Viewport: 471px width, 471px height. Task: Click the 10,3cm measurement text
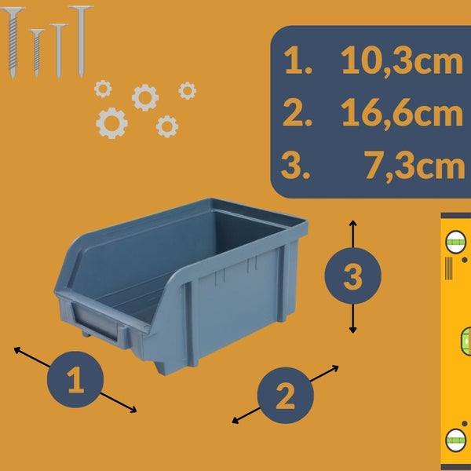click(402, 62)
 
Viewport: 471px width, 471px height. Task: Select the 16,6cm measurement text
click(402, 114)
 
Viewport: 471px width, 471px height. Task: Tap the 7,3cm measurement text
click(414, 166)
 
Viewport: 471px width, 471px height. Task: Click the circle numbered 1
click(75, 379)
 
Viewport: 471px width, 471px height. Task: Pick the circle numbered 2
click(286, 396)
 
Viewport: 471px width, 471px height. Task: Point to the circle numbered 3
click(352, 276)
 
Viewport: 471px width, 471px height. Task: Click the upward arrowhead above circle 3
click(352, 223)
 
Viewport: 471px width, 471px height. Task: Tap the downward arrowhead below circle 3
click(352, 330)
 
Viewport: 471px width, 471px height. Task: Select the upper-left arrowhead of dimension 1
click(16, 349)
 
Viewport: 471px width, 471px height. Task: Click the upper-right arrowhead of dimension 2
click(335, 367)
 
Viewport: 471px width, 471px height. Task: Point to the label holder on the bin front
click(96, 321)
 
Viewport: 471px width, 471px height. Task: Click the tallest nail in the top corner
click(81, 42)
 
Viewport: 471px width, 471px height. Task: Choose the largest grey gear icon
click(111, 123)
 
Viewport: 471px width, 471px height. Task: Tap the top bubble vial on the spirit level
click(455, 242)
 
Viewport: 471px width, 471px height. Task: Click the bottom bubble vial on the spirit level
click(456, 440)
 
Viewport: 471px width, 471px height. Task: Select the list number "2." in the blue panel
click(297, 112)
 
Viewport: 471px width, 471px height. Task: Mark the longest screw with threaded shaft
click(13, 42)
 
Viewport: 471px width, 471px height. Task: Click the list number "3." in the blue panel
click(295, 165)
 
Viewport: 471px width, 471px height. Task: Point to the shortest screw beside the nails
click(37, 53)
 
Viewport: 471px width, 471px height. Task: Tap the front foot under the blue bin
click(164, 369)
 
